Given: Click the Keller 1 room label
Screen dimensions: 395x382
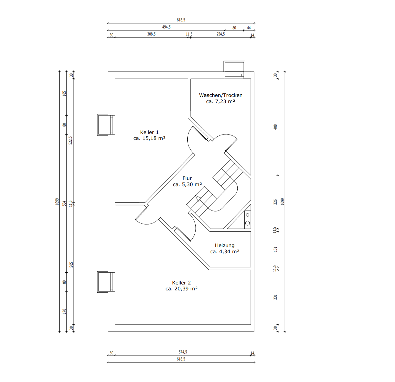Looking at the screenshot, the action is pos(149,133).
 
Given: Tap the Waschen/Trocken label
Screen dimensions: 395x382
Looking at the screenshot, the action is pos(221,95).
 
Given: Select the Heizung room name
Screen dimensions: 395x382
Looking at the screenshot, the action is pos(224,246).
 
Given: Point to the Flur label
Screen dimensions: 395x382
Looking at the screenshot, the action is pos(187,178).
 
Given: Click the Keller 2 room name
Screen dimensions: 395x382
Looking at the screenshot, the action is pos(181,283).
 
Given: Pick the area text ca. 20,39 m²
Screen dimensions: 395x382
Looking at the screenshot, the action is pos(181,289).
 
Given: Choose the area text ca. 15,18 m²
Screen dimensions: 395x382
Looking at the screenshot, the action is pos(149,138).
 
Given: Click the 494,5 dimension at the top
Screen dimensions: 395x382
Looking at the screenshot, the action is pos(166,27).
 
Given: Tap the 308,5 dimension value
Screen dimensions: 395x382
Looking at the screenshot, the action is pos(151,34).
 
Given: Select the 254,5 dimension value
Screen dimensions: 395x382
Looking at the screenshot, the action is pos(221,34).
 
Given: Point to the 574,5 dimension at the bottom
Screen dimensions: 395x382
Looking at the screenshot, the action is pos(183,352).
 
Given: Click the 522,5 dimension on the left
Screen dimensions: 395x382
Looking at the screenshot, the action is pos(70,140).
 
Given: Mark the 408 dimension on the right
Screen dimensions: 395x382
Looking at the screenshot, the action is pos(275,127).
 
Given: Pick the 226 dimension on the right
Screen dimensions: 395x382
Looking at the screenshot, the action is pos(275,202).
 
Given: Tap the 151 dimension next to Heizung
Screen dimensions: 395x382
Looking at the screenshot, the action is pos(275,249).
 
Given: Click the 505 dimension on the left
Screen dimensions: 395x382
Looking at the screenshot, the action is pos(71,264).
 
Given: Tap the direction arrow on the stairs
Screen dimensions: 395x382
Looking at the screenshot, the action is pos(198,198).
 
